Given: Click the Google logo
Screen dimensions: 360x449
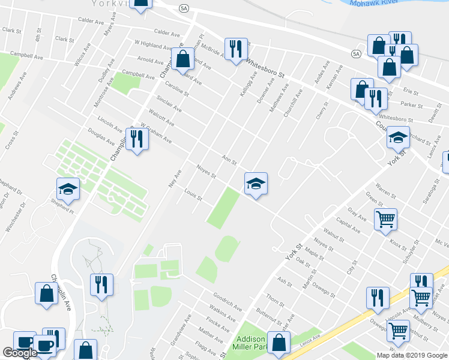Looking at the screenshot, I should pos(20,353).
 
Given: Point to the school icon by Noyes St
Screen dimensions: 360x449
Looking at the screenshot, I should pos(256,184).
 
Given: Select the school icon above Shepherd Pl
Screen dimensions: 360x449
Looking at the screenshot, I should pos(68,188).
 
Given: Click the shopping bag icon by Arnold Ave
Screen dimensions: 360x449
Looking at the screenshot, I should pos(183,59).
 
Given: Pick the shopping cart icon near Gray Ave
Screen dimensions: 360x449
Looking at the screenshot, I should pos(385,218).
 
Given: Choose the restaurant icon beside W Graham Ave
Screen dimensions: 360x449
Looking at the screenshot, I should pos(137,139).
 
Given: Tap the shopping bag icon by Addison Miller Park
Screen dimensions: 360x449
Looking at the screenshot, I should pos(279,343).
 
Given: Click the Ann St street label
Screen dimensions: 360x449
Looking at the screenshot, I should pos(230,161).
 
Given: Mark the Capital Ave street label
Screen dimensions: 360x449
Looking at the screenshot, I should pos(349,226).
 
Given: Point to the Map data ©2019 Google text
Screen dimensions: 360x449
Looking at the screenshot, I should pos(412,355).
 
